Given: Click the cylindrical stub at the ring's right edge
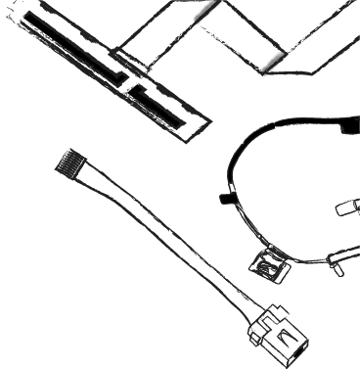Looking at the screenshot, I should (347, 208).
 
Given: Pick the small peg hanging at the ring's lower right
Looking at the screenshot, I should (335, 261).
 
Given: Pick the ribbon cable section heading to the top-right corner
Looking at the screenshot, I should (313, 34).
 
